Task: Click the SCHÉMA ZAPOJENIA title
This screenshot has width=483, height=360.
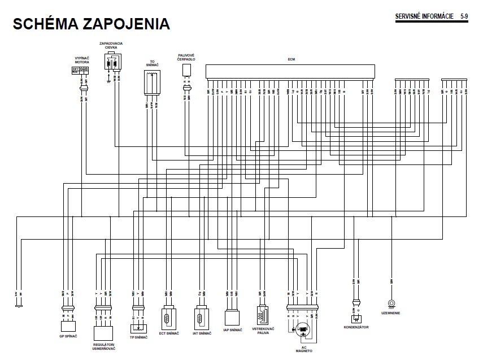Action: point(90,24)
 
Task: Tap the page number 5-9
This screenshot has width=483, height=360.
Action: point(464,16)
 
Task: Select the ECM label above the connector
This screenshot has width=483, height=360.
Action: point(291,59)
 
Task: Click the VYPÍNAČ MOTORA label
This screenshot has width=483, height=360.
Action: point(82,61)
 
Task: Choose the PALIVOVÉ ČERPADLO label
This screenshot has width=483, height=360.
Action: point(186,57)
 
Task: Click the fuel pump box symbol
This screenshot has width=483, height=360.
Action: point(186,70)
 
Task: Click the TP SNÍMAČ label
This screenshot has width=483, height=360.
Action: point(138,337)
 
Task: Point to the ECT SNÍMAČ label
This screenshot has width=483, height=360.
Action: point(169,333)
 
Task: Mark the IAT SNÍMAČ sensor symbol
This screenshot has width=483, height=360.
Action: point(201,319)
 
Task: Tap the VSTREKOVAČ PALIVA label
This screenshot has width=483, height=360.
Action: point(263,331)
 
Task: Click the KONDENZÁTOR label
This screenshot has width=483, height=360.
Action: point(356,327)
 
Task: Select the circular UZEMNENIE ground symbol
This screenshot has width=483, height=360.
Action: point(390,303)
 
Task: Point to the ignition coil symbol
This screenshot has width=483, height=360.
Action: point(112,63)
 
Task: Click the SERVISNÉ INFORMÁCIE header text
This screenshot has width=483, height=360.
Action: point(425,16)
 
